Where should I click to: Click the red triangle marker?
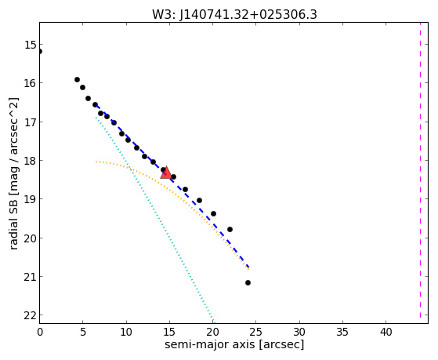tap(166, 173)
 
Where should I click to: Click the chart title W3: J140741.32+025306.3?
tap(234, 15)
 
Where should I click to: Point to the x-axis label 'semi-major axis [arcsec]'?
tap(234, 344)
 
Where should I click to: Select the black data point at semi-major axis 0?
tap(40, 51)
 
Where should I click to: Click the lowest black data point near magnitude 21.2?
tap(248, 283)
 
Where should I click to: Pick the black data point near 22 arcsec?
tap(230, 229)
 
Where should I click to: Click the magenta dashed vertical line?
tap(420, 170)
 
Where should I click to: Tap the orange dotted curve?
tap(172, 191)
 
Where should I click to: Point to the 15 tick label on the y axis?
tap(31, 45)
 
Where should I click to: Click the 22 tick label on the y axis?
tap(31, 315)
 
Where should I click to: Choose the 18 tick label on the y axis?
tap(31, 161)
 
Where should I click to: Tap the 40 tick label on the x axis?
tap(386, 332)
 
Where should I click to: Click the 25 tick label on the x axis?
tap(256, 332)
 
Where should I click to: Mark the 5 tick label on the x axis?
tap(83, 332)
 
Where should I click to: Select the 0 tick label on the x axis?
tap(40, 332)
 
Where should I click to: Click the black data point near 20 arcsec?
tap(213, 213)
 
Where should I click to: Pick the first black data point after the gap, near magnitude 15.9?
tap(77, 80)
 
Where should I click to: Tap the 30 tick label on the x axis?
tap(299, 332)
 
